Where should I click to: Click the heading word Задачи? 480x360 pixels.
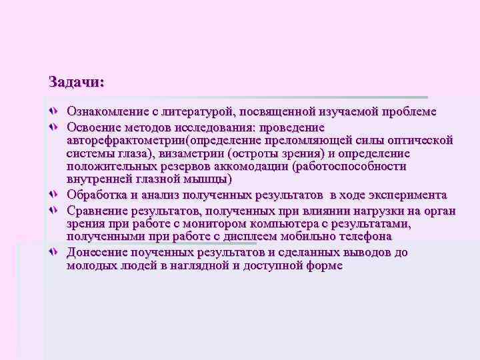[76, 83]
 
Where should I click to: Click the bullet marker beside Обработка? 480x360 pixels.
[54, 195]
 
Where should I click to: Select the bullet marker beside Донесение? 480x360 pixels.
[54, 252]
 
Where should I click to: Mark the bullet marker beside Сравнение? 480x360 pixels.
[54, 211]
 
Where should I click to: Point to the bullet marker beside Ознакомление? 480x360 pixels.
[54, 112]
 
